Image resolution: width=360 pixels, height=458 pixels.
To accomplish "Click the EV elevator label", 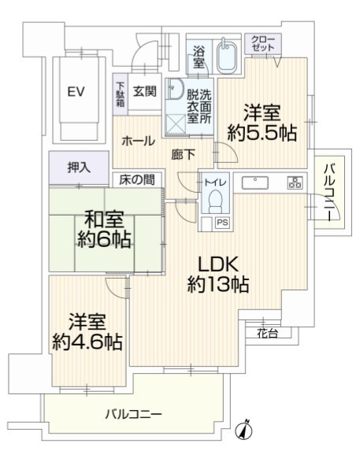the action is [x=76, y=92].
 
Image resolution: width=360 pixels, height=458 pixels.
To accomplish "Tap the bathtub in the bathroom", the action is [x=227, y=56].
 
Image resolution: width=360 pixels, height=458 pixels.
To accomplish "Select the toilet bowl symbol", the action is [x=215, y=201].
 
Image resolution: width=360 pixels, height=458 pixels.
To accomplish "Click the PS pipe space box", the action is [x=223, y=223].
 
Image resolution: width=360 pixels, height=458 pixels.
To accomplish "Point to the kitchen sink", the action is [x=255, y=183].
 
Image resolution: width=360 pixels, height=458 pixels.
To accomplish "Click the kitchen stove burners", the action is [x=295, y=183].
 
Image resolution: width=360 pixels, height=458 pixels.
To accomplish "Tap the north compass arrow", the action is [x=244, y=430].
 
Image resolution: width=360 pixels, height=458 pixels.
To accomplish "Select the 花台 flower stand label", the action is [x=267, y=333].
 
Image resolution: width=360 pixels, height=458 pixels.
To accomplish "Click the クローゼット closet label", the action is [x=263, y=43].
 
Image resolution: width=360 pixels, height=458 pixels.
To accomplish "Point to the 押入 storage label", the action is [x=79, y=168].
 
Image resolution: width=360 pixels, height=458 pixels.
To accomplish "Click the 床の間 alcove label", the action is [x=137, y=180].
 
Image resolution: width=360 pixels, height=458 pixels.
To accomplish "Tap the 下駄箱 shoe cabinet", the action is [x=121, y=94].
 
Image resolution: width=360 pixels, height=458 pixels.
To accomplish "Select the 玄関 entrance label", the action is [x=145, y=92].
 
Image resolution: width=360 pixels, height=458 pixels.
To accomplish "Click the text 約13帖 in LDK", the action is [x=218, y=285].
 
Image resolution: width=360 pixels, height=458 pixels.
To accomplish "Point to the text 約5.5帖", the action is [x=262, y=133].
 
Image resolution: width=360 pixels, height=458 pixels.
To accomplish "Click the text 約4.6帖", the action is [x=87, y=342].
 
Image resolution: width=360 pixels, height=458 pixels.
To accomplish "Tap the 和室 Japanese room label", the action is [x=104, y=219].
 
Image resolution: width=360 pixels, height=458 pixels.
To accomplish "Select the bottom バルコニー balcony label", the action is [x=134, y=414].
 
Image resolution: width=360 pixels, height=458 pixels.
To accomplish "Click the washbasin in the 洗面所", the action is [x=175, y=89].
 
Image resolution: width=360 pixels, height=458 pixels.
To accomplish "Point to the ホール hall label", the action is [x=138, y=142].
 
